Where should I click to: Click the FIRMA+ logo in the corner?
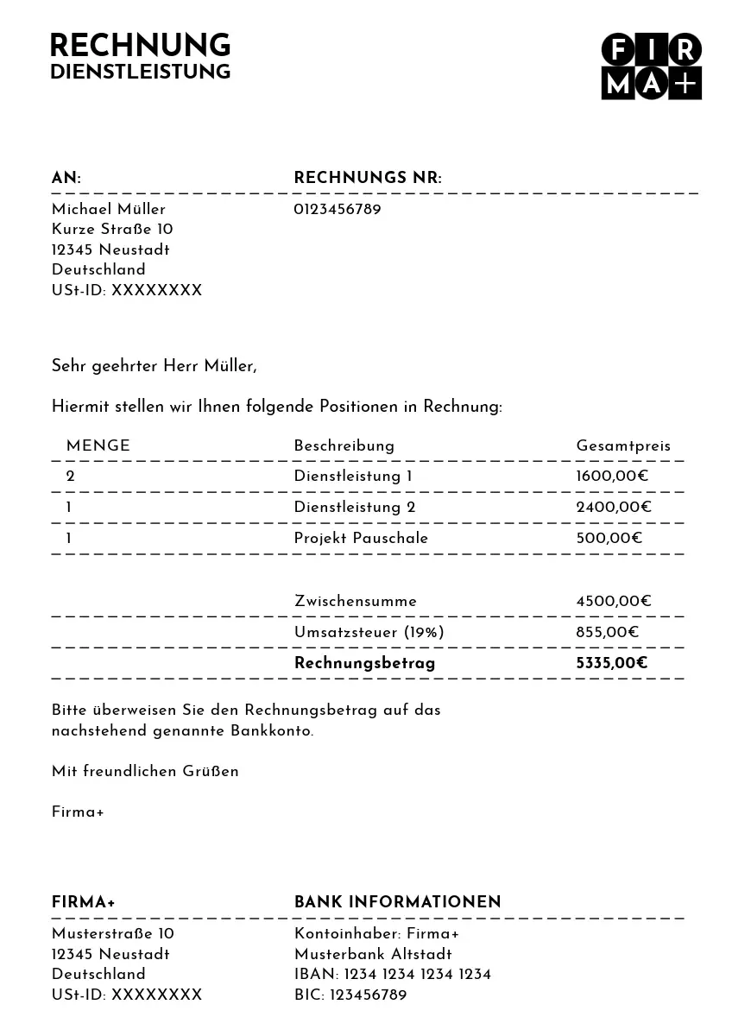[651, 67]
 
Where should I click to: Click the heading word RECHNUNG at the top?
[140, 46]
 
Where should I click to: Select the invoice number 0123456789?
[338, 210]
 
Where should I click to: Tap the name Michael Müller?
[109, 210]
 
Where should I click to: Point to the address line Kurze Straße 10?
[112, 230]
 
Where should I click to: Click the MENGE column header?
[98, 446]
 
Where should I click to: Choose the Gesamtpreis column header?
[623, 446]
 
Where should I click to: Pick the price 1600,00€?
[613, 477]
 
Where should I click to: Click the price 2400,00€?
[614, 508]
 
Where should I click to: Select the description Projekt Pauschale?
[361, 539]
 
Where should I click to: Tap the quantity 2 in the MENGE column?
[71, 477]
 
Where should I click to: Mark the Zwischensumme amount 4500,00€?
[614, 602]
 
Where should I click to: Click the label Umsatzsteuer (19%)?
[369, 633]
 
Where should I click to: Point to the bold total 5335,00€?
[612, 664]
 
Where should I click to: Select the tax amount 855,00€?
[608, 633]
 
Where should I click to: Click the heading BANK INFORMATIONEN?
[398, 903]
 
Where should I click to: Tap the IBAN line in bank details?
[393, 975]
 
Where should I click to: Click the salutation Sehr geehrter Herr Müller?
[155, 366]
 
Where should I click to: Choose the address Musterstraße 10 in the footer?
[113, 934]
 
